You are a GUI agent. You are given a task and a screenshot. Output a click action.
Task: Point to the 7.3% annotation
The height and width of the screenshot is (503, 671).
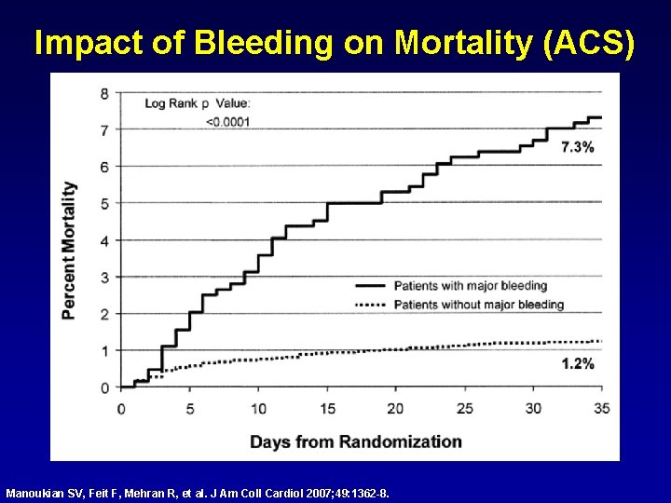pos(577,147)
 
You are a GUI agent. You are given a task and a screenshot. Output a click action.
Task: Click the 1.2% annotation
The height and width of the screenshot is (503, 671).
pos(577,364)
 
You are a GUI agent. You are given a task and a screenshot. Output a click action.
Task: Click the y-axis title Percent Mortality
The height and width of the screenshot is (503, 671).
pos(69,250)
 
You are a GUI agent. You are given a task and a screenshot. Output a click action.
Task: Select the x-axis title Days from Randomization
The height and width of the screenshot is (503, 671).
pos(355,442)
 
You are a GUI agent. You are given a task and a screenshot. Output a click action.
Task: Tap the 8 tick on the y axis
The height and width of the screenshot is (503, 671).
pos(104,93)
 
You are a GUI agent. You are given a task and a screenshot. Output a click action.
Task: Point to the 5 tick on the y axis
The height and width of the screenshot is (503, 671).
pos(104,203)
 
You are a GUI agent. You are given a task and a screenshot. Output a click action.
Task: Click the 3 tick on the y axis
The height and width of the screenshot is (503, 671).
pos(104,277)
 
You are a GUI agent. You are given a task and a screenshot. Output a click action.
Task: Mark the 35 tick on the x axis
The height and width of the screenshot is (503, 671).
pos(602,409)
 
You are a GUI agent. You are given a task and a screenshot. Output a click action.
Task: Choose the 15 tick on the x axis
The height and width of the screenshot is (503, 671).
pos(327,409)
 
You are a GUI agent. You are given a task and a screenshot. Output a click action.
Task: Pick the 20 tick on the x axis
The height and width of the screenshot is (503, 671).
pos(396,409)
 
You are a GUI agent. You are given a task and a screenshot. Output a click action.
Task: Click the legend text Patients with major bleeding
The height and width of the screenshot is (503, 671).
pos(470,285)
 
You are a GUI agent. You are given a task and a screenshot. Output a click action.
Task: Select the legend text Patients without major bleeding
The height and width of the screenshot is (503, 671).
pos(478,305)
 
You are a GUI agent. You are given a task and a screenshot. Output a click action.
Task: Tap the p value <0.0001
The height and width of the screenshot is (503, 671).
pos(226,122)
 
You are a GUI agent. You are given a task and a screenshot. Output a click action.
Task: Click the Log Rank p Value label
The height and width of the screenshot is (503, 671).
pos(197,103)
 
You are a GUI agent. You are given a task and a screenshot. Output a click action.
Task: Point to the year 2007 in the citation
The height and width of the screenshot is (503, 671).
pos(317,491)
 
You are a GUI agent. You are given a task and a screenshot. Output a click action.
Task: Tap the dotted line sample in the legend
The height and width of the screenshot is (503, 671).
pos(370,305)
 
